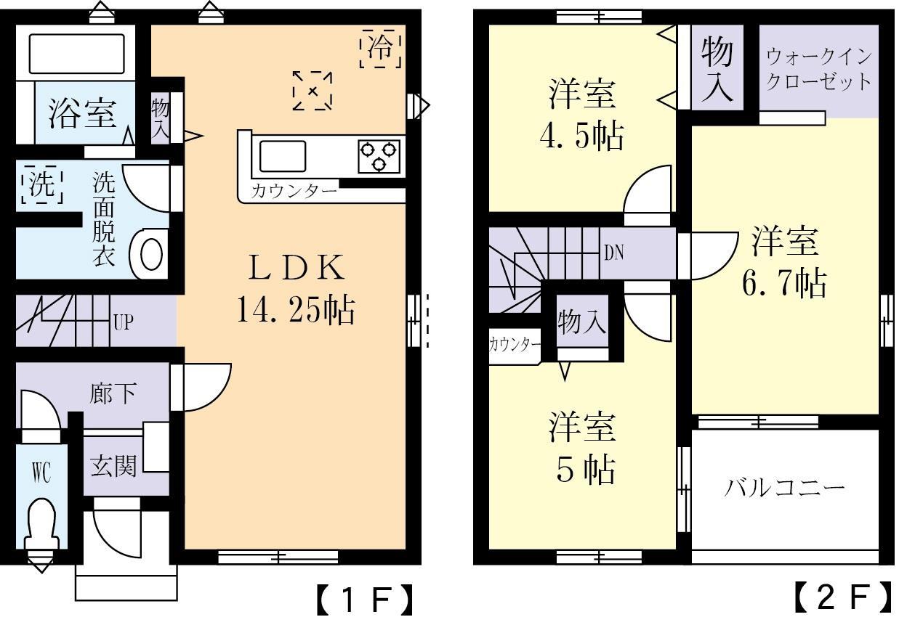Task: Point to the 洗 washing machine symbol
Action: coord(41,185)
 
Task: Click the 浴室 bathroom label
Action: coord(82,114)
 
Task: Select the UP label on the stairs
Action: coord(122,322)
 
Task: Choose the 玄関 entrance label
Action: coord(113,465)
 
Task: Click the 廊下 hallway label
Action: coord(113,393)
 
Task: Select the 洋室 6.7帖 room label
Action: coord(784,261)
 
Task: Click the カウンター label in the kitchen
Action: coord(294,192)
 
